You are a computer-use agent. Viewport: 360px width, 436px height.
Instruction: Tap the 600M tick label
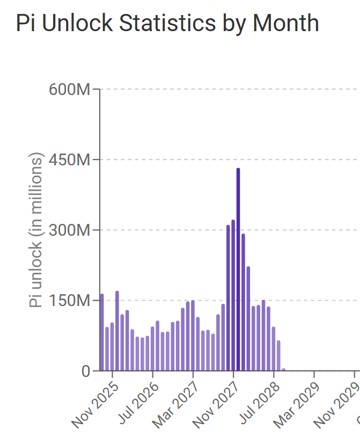[x=69, y=89]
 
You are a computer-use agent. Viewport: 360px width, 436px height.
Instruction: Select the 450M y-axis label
[x=69, y=159]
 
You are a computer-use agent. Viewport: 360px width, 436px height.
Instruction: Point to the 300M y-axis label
[x=69, y=230]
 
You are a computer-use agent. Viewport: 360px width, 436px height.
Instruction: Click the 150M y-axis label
[x=69, y=301]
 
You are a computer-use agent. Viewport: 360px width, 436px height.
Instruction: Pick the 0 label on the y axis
[x=86, y=371]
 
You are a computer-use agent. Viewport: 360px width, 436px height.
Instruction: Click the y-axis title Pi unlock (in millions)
[x=36, y=230]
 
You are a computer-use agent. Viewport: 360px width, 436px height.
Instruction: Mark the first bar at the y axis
[x=102, y=332]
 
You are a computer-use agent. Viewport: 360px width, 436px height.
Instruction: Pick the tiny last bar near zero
[x=284, y=369]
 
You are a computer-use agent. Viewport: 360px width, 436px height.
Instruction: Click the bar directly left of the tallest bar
[x=233, y=295]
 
